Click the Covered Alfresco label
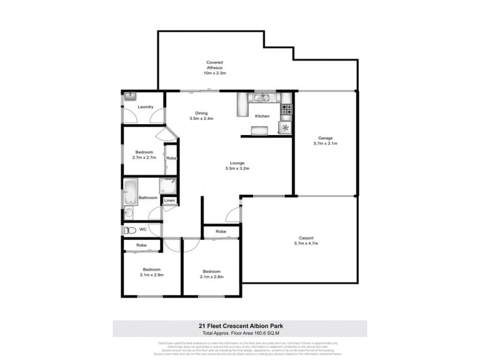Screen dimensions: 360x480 tap(214, 62)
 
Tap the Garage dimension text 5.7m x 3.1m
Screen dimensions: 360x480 tap(325, 143)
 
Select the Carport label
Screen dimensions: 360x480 tap(304, 238)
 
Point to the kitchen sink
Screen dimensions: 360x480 tap(262, 97)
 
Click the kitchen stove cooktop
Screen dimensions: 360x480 tap(287, 110)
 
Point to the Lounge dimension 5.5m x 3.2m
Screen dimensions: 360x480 tap(236, 169)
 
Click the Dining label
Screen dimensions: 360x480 tap(201, 112)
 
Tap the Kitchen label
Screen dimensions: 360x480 tap(262, 116)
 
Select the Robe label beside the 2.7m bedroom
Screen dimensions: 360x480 tap(170, 158)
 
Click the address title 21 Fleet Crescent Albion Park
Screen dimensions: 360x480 tap(240, 326)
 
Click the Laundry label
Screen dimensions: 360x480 tap(146, 107)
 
